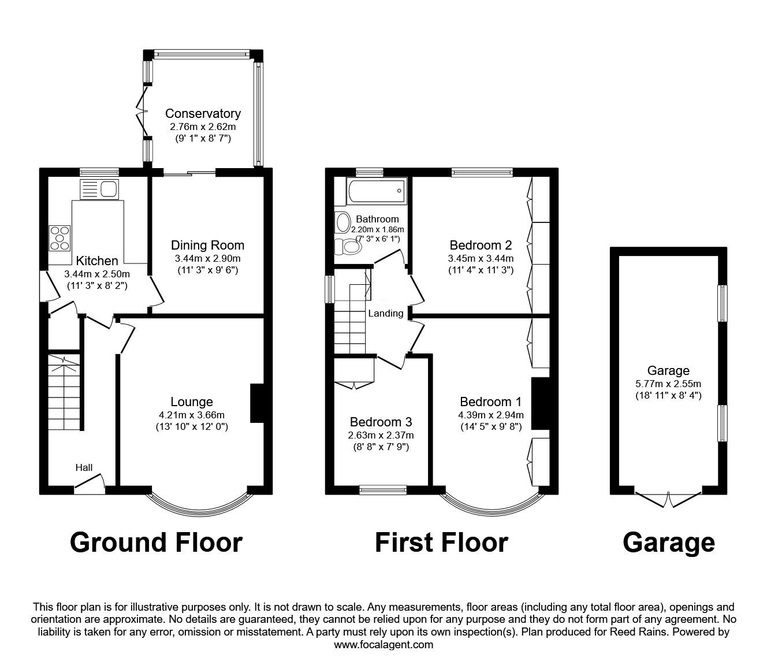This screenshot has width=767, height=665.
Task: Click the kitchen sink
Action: pos(99,189)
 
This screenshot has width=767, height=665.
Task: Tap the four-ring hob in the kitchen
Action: pos(59,238)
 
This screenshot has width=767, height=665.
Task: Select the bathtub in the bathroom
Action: pos(376,191)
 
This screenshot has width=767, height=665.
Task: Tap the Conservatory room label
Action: pos(203,113)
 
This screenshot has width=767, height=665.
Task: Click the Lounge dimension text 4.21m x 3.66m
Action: pos(192,415)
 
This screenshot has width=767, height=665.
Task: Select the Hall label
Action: pos(84,467)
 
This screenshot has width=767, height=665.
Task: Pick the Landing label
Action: pos(386,313)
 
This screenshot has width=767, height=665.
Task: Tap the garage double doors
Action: pos(668,499)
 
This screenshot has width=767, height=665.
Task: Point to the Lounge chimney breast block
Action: pos(257,403)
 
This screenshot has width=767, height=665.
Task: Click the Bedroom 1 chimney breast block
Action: pos(540,404)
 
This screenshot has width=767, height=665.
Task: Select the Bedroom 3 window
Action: pos(383,490)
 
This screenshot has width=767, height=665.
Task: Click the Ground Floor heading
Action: pos(156,543)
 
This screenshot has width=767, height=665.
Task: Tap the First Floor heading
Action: pos(442,543)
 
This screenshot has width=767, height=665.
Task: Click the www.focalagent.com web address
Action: pos(383,645)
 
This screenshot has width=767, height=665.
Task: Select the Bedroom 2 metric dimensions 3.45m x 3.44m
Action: pos(481,258)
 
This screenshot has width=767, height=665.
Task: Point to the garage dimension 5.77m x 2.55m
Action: pos(668,384)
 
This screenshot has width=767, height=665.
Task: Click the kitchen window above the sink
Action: pos(99,172)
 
